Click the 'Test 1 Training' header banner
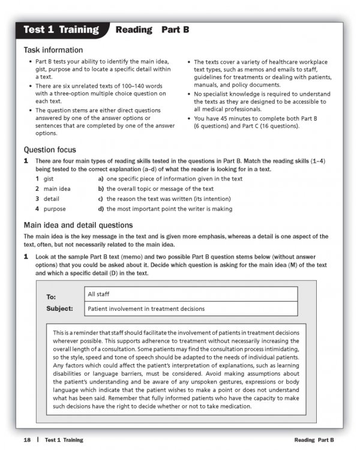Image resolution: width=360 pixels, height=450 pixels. click(61, 29)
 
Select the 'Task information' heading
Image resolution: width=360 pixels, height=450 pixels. click(53, 50)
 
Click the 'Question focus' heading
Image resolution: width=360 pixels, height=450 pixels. click(50, 149)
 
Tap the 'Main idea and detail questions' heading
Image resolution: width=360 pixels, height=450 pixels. click(78, 225)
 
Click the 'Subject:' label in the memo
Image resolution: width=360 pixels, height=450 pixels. click(59, 309)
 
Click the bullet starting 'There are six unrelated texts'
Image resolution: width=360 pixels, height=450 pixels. click(99, 94)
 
